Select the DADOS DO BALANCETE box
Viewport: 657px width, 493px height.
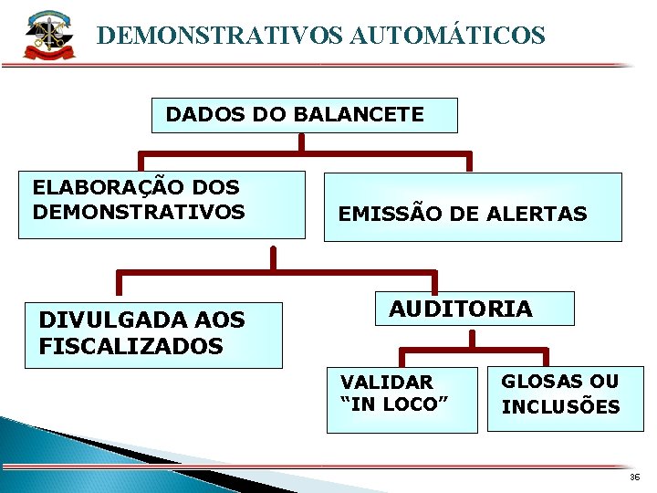304,115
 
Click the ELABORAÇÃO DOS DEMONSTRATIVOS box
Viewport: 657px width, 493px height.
162,205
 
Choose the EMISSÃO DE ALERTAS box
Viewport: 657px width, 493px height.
472,207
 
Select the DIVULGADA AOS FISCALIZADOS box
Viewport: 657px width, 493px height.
152,334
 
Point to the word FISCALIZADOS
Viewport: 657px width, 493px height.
130,347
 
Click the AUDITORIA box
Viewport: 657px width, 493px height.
475,309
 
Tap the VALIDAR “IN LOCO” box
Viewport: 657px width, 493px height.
401,399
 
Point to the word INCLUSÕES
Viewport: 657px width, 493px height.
560,407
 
